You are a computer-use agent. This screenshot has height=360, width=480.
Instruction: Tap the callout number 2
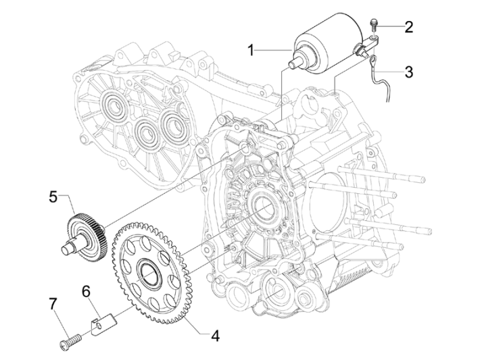click(x=408, y=27)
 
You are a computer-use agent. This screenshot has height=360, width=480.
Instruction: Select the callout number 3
click(x=408, y=70)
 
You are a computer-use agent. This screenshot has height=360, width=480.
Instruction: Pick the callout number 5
click(x=53, y=197)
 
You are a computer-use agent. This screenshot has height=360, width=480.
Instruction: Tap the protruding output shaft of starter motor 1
click(x=295, y=62)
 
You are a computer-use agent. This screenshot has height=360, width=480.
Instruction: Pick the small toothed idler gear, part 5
click(x=87, y=228)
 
